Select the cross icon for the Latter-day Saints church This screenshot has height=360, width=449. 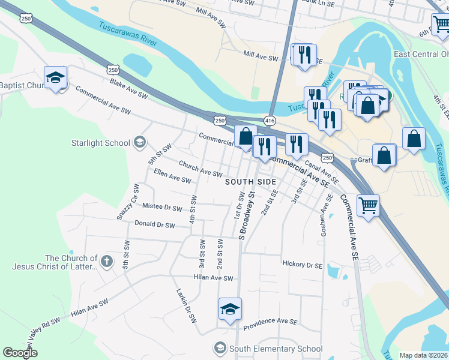106,260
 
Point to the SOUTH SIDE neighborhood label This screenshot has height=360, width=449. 250,182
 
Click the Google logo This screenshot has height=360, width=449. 20,353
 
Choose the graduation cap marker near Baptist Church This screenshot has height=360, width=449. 55,78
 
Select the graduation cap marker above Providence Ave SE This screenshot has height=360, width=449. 230,309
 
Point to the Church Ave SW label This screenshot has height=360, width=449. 200,169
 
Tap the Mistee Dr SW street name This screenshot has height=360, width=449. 162,208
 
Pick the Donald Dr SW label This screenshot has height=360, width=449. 154,225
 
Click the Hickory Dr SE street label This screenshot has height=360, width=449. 302,264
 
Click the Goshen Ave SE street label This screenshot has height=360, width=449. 328,214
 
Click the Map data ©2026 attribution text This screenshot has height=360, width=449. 423,355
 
